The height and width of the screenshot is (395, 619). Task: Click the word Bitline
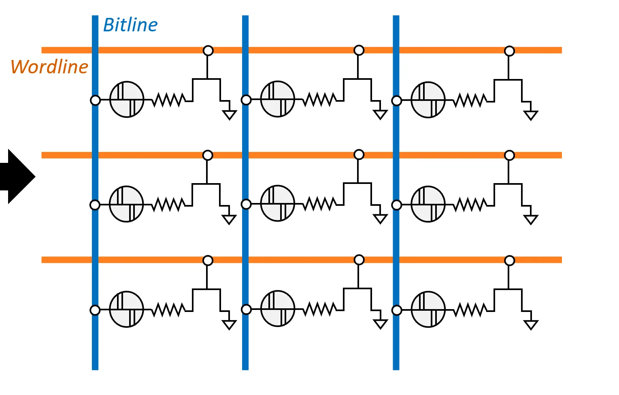130,25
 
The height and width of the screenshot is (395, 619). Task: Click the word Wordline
49,67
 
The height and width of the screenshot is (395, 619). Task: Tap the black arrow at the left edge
18,176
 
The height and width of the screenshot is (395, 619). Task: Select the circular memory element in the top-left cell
127,99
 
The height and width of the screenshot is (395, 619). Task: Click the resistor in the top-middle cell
319,99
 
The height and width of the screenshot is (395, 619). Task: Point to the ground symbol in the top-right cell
530,115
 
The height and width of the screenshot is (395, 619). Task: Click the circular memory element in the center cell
278,203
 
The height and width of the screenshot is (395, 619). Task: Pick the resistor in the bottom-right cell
470,310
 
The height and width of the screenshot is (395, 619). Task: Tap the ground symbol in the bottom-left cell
229,325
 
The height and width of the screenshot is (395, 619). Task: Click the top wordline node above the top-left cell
208,51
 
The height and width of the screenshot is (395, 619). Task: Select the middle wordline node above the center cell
359,154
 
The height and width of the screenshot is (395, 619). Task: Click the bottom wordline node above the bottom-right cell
509,260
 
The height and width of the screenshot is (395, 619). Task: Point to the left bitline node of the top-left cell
95,100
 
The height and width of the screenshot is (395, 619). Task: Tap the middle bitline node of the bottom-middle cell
246,310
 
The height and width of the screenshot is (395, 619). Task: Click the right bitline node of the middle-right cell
397,205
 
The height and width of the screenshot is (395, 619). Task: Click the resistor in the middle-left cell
168,205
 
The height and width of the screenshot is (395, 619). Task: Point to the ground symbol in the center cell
380,219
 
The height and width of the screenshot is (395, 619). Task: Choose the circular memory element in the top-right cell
428,100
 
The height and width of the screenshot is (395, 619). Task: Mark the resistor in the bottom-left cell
168,310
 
